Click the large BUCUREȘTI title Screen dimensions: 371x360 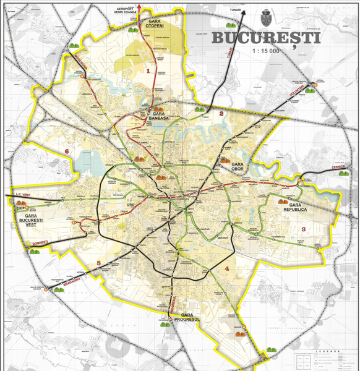tap(266, 38)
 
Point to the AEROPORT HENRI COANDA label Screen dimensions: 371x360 tap(126, 11)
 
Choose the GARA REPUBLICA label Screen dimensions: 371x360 tap(289, 207)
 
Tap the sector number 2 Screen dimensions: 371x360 tap(221, 114)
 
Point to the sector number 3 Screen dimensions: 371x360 tap(303, 229)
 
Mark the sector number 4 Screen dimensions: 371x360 tap(227, 268)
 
